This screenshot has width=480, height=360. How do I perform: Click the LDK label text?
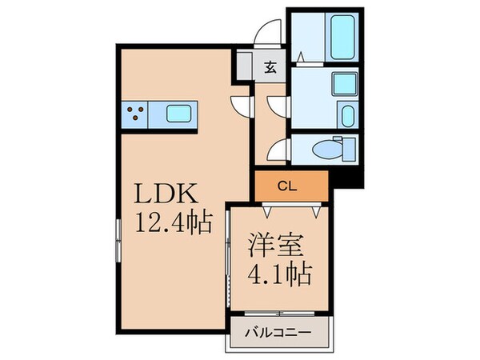[x=168, y=194]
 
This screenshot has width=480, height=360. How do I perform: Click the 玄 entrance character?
[x=270, y=67]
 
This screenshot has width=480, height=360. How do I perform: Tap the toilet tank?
[x=348, y=150]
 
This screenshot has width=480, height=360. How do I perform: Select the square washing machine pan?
[x=345, y=84]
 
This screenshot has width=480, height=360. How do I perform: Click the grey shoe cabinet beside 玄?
[x=243, y=66]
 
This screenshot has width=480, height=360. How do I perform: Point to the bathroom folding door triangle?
[x=297, y=55]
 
